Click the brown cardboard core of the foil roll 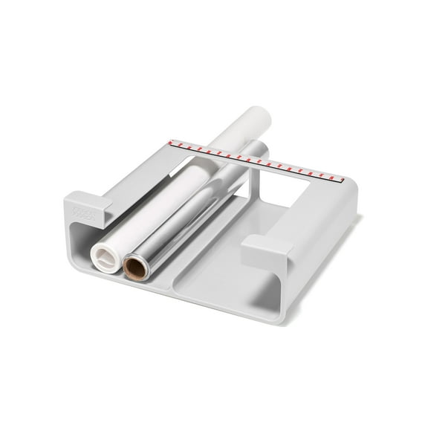pyautogui.click(x=136, y=266)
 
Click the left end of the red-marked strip pyautogui.click(x=172, y=142)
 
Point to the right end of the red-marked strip pyautogui.click(x=340, y=178)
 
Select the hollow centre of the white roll pyautogui.click(x=103, y=259)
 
